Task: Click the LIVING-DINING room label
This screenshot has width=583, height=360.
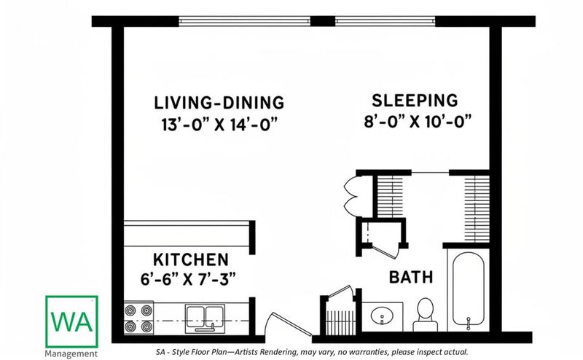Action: (x=219, y=103)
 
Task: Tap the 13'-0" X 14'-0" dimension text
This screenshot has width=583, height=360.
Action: (x=220, y=124)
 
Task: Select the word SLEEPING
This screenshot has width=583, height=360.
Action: (x=415, y=101)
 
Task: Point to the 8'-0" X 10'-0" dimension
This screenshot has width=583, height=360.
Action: (x=418, y=121)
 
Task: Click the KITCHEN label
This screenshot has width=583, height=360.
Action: (x=191, y=259)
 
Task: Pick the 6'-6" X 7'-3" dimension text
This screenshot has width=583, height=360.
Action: (x=188, y=278)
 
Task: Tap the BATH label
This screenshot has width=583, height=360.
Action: (x=411, y=277)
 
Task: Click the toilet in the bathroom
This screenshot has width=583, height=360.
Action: (x=426, y=315)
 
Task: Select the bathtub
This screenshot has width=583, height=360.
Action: (x=469, y=290)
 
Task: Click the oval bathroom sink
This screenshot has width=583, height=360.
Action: (x=382, y=316)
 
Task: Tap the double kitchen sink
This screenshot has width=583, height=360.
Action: (x=205, y=318)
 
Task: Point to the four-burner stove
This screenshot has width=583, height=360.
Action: (x=138, y=318)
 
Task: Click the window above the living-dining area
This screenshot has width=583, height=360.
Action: (x=244, y=21)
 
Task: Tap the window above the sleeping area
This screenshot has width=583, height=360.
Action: (x=385, y=21)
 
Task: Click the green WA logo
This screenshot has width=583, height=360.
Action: (x=71, y=321)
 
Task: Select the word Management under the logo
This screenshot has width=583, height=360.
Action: (x=71, y=353)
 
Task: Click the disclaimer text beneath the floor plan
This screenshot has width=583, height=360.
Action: (x=312, y=352)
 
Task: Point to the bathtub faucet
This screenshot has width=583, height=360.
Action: (x=469, y=323)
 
